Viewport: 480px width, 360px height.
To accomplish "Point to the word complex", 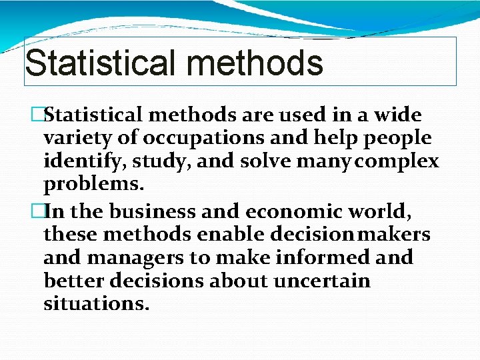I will (x=400, y=162).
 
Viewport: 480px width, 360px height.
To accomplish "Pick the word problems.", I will (x=89, y=185).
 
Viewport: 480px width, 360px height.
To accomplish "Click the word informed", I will (x=316, y=257).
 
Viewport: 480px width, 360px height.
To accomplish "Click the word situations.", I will (x=96, y=304).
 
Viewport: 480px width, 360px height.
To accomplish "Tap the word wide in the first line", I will (x=398, y=115).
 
